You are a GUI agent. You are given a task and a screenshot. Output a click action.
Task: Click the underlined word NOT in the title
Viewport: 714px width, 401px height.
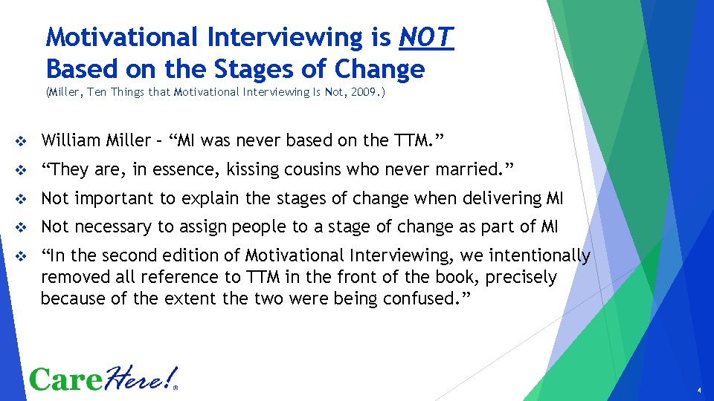(x=426, y=36)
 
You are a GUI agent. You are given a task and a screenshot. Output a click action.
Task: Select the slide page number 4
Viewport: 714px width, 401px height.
(x=699, y=390)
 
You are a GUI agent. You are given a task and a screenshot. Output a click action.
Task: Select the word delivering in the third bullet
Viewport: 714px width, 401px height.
(x=505, y=198)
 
